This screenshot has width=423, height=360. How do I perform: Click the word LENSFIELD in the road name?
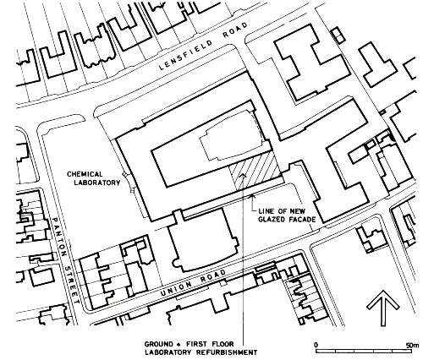point(185,55)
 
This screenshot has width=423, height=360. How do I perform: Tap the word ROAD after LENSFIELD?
point(235,30)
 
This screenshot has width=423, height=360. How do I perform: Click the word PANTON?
point(59,237)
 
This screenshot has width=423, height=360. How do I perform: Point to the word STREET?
point(71,285)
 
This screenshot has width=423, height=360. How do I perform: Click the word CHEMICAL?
point(85,174)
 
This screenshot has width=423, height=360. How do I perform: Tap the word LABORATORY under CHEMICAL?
point(97,183)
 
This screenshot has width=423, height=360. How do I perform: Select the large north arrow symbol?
point(383,308)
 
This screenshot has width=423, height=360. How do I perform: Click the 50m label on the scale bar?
point(412,345)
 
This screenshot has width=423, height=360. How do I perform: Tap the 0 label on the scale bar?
point(316,345)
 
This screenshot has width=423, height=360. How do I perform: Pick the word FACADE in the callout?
point(302,220)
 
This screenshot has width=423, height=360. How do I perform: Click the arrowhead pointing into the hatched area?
point(243,175)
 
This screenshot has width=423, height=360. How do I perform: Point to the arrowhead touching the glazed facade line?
point(253,196)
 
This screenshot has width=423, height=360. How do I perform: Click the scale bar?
point(367,352)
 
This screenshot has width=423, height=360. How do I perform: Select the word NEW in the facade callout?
point(297,211)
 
